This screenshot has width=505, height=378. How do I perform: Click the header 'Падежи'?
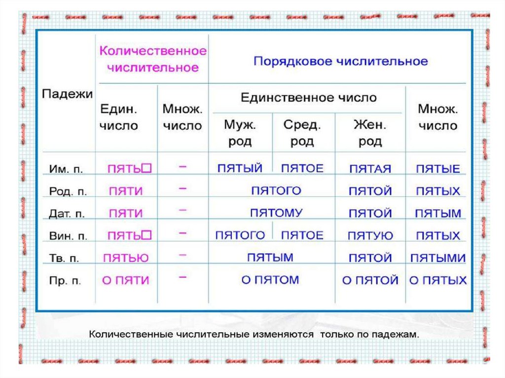click(67, 94)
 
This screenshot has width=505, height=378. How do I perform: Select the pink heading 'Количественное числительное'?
click(153, 59)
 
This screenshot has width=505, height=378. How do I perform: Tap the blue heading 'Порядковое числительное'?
click(340, 62)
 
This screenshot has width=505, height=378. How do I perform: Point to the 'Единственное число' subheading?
click(308, 98)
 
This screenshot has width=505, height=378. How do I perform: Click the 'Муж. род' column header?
click(240, 133)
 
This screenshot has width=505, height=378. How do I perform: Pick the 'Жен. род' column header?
click(370, 133)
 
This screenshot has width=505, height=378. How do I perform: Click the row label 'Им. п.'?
click(67, 169)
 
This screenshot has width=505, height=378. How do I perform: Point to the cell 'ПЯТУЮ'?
click(370, 236)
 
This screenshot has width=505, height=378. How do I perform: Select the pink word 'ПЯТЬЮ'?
click(126, 257)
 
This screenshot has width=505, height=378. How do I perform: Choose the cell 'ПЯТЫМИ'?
click(437, 258)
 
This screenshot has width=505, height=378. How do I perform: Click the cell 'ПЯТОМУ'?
click(276, 213)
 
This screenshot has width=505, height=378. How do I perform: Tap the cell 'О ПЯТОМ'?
click(270, 280)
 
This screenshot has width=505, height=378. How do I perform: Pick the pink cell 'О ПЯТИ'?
click(125, 280)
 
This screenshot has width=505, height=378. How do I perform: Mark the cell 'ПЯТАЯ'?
click(370, 169)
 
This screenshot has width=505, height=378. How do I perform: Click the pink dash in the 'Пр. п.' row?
click(182, 278)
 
